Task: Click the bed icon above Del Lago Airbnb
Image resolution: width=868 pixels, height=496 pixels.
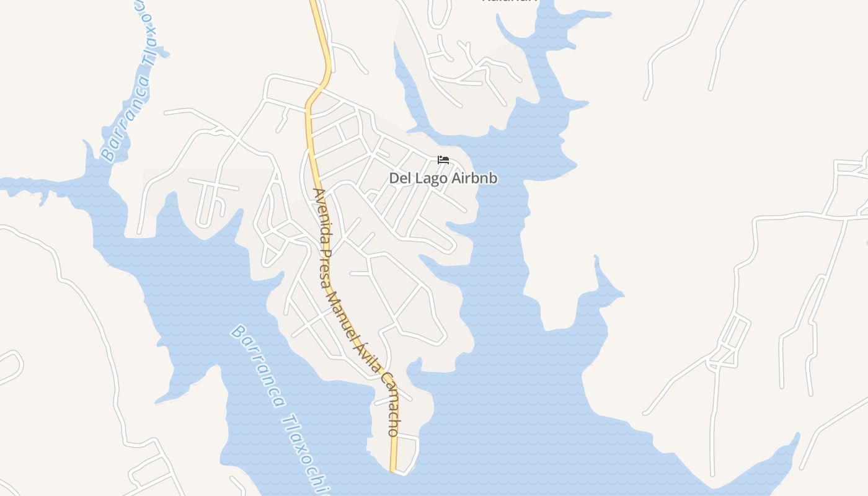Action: pos(443,160)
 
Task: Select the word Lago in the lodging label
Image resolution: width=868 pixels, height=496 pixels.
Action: pos(429,179)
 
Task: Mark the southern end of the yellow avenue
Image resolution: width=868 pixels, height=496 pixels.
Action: pos(393,469)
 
